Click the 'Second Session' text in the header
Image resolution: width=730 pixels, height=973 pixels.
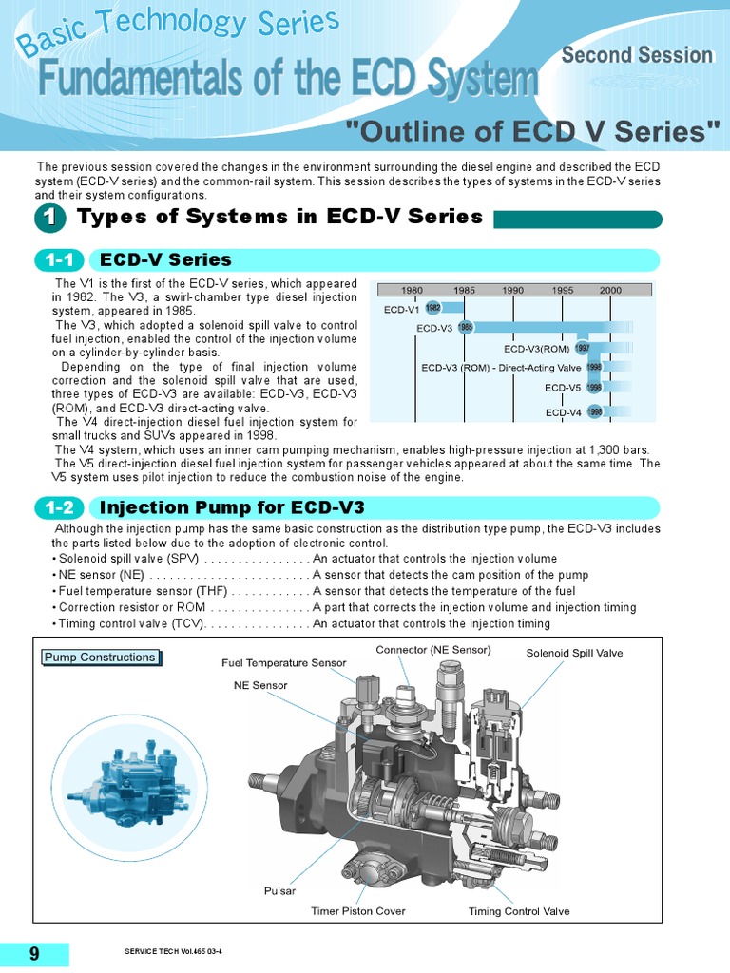(636, 55)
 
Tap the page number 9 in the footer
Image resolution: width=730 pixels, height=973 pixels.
(34, 953)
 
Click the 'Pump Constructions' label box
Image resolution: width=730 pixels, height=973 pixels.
(100, 658)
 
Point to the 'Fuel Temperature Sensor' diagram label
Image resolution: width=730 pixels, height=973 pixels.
(284, 662)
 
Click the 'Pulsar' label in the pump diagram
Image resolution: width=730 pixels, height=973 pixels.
(279, 890)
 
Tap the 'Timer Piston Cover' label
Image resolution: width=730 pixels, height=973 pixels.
(357, 911)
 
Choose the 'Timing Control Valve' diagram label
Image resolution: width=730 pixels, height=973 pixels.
(519, 911)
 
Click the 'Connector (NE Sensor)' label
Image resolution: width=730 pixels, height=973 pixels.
(433, 650)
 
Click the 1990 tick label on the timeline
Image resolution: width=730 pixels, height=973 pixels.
(512, 290)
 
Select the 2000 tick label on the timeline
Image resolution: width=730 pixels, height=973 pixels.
(610, 290)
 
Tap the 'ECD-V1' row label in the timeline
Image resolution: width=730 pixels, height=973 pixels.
(401, 309)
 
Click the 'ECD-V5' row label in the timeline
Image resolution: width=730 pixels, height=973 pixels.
(563, 388)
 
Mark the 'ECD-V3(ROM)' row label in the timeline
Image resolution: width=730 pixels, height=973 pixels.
(536, 349)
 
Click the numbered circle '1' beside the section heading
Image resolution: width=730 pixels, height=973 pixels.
(50, 219)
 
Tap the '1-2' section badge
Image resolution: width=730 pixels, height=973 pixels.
(59, 508)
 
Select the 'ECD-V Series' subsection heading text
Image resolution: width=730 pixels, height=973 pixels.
(165, 260)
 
